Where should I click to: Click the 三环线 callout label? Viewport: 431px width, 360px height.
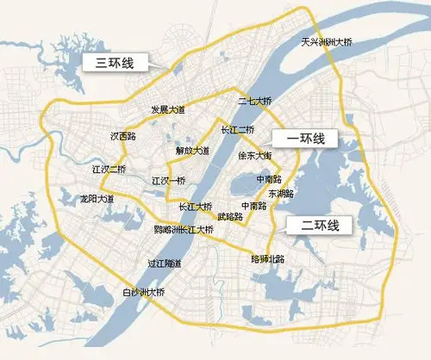114,62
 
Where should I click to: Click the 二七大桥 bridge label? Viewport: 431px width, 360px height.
256,102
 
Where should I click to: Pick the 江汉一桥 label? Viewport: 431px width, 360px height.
168,180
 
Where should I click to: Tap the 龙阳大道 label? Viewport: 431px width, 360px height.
97,198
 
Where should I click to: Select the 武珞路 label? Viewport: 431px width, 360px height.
229,216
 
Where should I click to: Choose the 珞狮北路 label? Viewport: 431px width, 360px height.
266,258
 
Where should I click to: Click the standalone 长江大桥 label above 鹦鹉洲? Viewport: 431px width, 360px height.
195,207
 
